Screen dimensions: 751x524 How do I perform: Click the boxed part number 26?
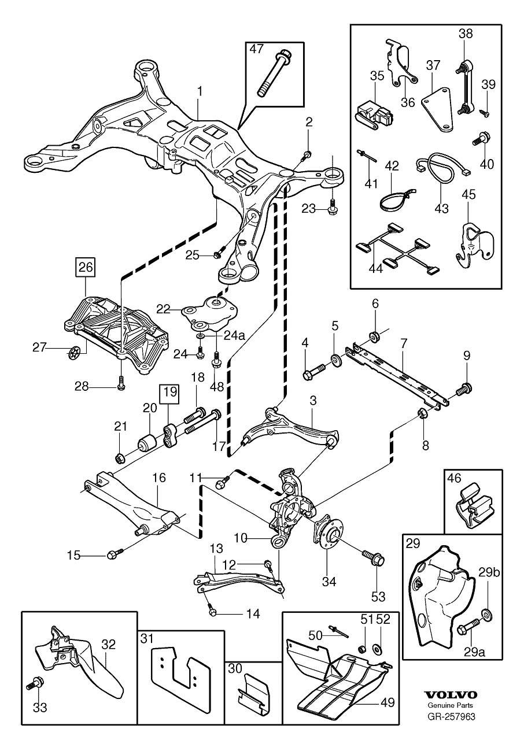[85, 267]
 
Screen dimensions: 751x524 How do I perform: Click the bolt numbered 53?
[372, 558]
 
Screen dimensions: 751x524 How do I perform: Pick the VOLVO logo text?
[451, 695]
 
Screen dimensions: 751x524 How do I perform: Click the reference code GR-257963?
[451, 717]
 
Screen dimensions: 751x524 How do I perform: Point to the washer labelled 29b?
[486, 615]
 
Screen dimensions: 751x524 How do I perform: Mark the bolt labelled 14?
[213, 612]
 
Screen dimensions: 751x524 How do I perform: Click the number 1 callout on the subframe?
[200, 91]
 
